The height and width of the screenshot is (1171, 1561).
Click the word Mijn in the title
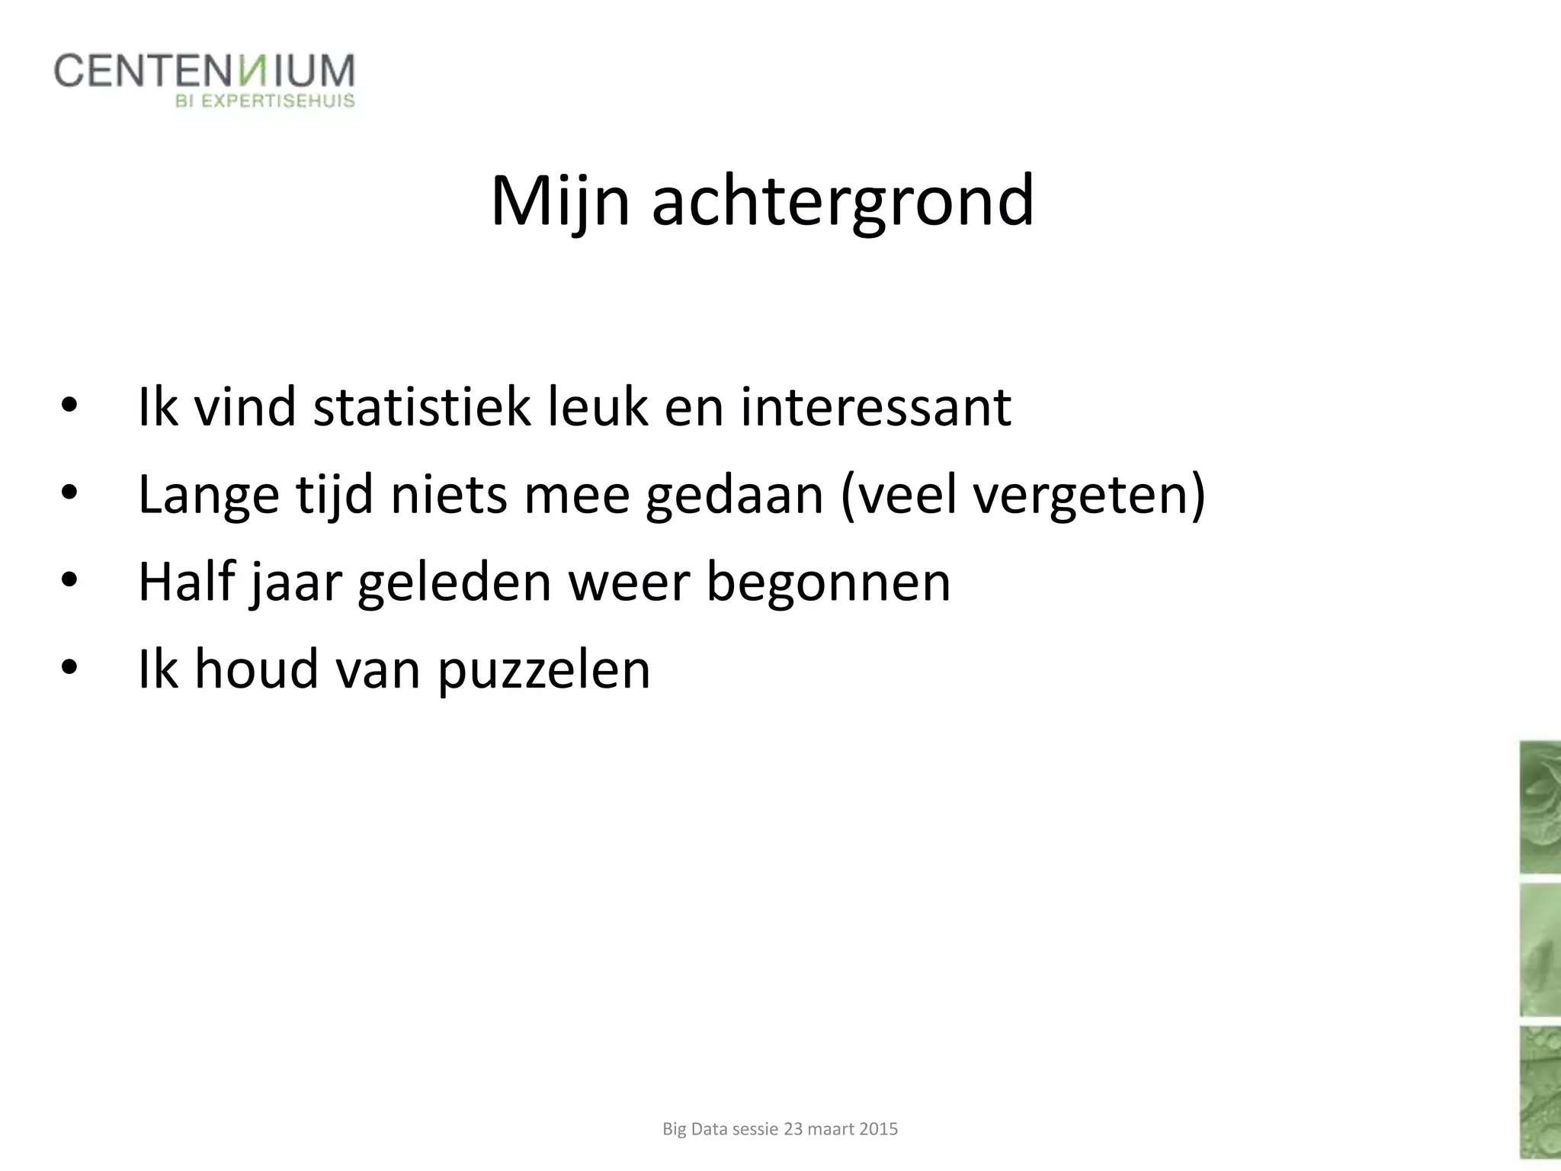(x=560, y=201)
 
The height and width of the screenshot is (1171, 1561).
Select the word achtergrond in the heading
(x=843, y=201)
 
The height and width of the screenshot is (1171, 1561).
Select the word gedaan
(x=735, y=496)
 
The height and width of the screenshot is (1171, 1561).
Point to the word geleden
(x=454, y=582)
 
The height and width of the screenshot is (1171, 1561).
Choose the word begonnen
(x=829, y=582)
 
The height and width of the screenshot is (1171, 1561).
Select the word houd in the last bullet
(x=256, y=669)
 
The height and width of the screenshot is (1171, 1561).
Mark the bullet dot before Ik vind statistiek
(x=69, y=406)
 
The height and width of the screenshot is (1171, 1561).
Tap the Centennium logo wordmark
(x=204, y=71)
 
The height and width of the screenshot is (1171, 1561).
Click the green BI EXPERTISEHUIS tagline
(x=265, y=101)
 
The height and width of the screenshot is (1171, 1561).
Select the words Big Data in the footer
(x=695, y=1129)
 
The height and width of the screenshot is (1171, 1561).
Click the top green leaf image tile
(x=1540, y=807)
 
